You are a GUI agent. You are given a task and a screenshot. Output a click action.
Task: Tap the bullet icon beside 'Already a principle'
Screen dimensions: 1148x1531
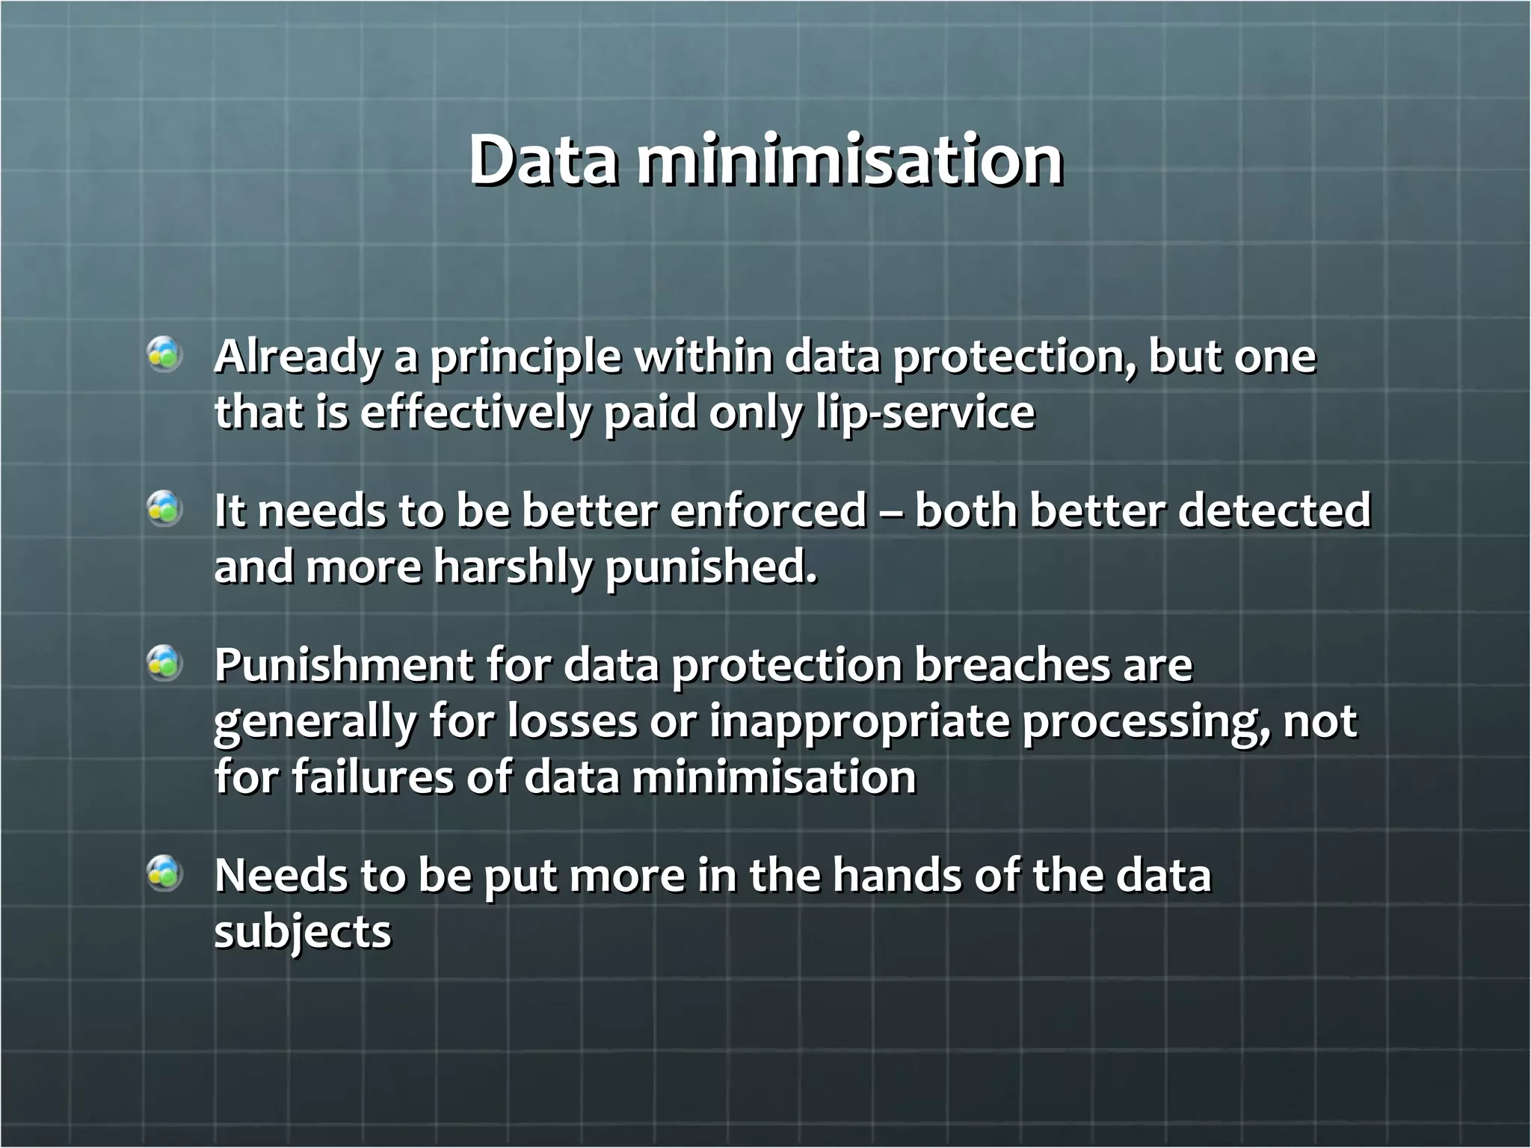tap(164, 354)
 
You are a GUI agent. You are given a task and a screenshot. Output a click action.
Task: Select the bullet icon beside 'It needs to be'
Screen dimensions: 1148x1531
tap(164, 509)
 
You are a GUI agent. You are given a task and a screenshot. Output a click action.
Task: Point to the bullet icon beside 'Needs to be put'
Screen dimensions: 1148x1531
tap(164, 873)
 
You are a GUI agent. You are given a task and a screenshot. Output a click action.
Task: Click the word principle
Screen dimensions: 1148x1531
tap(524, 357)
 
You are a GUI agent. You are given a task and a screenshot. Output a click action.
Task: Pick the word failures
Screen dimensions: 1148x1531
tap(372, 777)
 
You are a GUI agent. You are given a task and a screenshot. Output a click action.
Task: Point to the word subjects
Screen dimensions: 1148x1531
tap(303, 933)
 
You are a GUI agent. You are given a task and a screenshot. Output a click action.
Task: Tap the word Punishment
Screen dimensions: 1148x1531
tap(344, 664)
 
